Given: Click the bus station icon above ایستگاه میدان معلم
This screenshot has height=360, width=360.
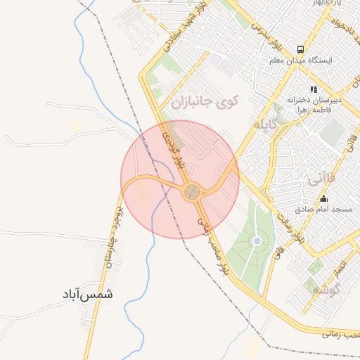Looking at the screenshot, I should click(x=300, y=50).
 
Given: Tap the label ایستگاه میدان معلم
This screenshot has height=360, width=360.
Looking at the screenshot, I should click(x=300, y=60).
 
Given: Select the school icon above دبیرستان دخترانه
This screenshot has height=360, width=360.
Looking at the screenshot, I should click(x=313, y=89).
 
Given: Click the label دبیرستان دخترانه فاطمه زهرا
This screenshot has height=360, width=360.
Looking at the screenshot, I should click(x=314, y=105).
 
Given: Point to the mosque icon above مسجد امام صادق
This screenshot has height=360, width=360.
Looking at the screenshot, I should click(x=323, y=199).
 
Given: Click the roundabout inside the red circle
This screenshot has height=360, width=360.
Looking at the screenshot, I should click(x=191, y=191).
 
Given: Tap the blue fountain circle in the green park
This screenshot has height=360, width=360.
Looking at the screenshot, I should click(x=257, y=241).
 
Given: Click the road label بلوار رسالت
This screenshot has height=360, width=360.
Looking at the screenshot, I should click(x=290, y=226).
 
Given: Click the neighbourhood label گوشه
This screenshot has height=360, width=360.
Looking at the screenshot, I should click(x=327, y=289).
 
